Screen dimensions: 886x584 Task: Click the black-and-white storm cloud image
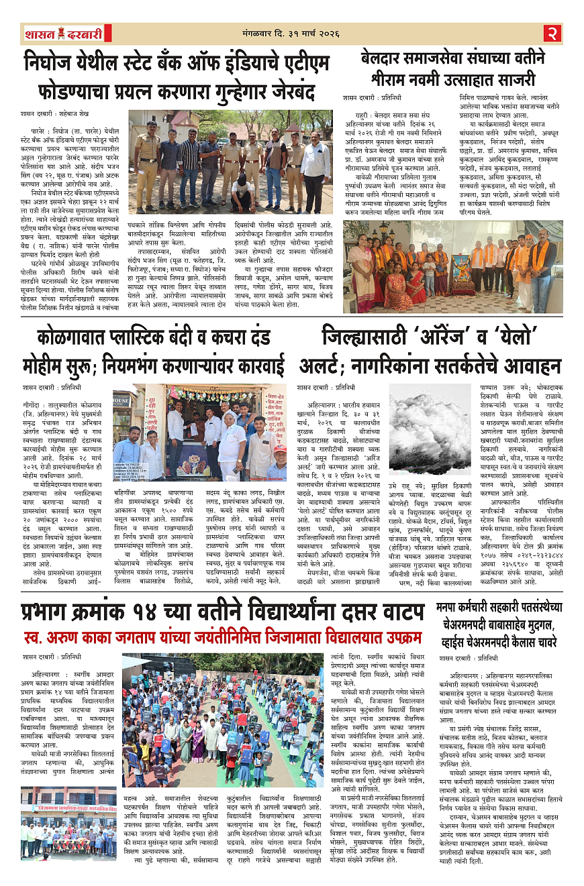pyautogui.click(x=430, y=430)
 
